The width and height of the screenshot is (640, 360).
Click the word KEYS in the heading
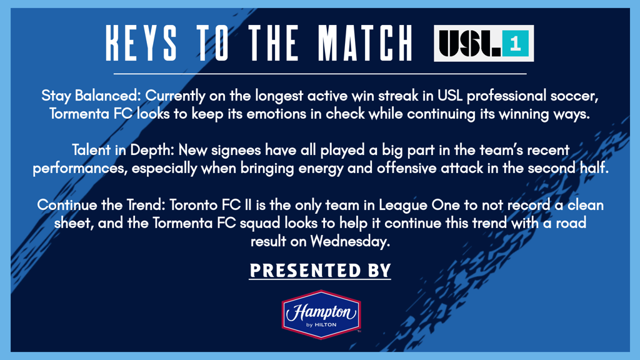point(141,43)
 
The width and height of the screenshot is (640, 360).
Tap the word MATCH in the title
point(365,43)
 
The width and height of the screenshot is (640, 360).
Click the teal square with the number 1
point(516,43)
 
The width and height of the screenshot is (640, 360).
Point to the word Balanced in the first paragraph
point(107,96)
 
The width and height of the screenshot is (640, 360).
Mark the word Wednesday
point(350,242)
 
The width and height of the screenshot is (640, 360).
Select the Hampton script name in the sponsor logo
point(321,312)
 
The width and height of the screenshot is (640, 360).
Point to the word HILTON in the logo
point(325,325)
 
